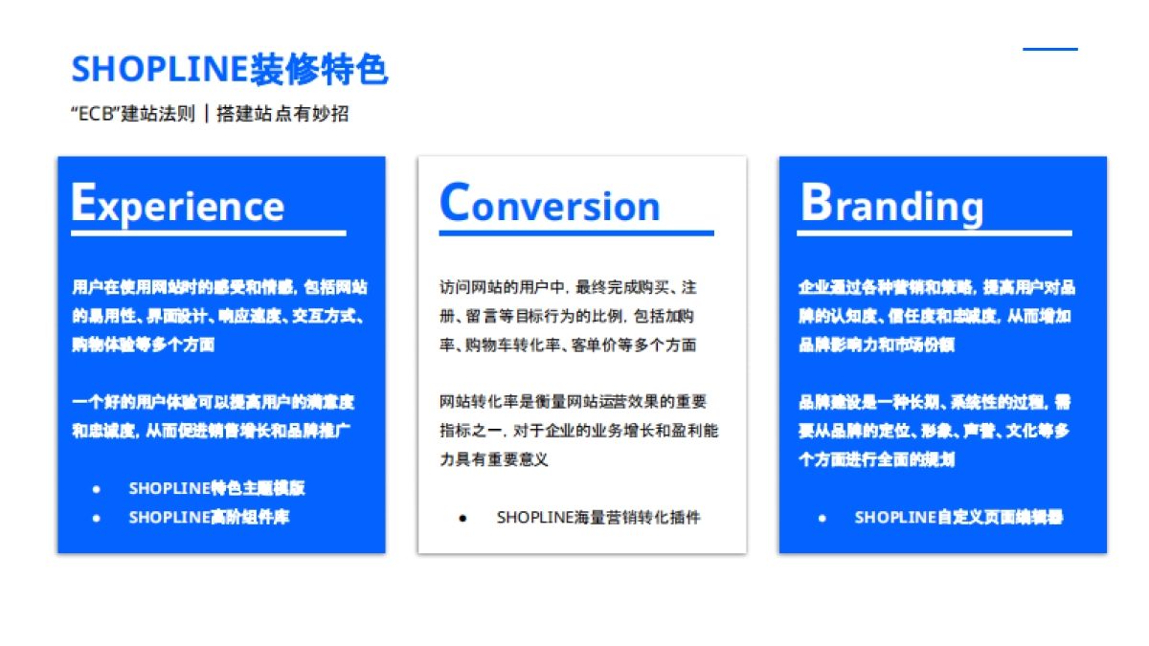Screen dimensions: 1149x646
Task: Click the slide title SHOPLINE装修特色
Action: (230, 69)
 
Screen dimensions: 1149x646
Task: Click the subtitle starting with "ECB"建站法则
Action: (210, 114)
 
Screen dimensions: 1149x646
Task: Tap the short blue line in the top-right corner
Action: (1050, 49)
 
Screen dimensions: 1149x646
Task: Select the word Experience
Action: (177, 204)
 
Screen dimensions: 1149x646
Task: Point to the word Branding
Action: (892, 204)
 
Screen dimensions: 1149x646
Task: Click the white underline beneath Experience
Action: (209, 234)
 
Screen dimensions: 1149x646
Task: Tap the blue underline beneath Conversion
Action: (576, 234)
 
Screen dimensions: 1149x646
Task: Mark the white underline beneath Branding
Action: (935, 234)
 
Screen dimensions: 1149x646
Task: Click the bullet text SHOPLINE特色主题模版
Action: (217, 488)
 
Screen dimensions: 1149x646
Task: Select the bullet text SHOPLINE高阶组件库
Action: (210, 518)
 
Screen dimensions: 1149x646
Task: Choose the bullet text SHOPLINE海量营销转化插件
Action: (598, 518)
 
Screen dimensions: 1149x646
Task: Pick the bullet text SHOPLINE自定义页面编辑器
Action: (958, 518)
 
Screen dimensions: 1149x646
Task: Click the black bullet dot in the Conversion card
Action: (462, 519)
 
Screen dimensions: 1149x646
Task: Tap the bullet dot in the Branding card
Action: (822, 519)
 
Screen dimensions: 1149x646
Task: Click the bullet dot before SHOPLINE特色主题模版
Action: (96, 489)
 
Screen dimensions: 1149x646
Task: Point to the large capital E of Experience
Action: (83, 202)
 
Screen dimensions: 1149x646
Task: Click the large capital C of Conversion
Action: (455, 202)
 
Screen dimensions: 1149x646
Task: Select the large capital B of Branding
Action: (816, 202)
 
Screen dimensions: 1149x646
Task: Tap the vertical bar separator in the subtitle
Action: (206, 113)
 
